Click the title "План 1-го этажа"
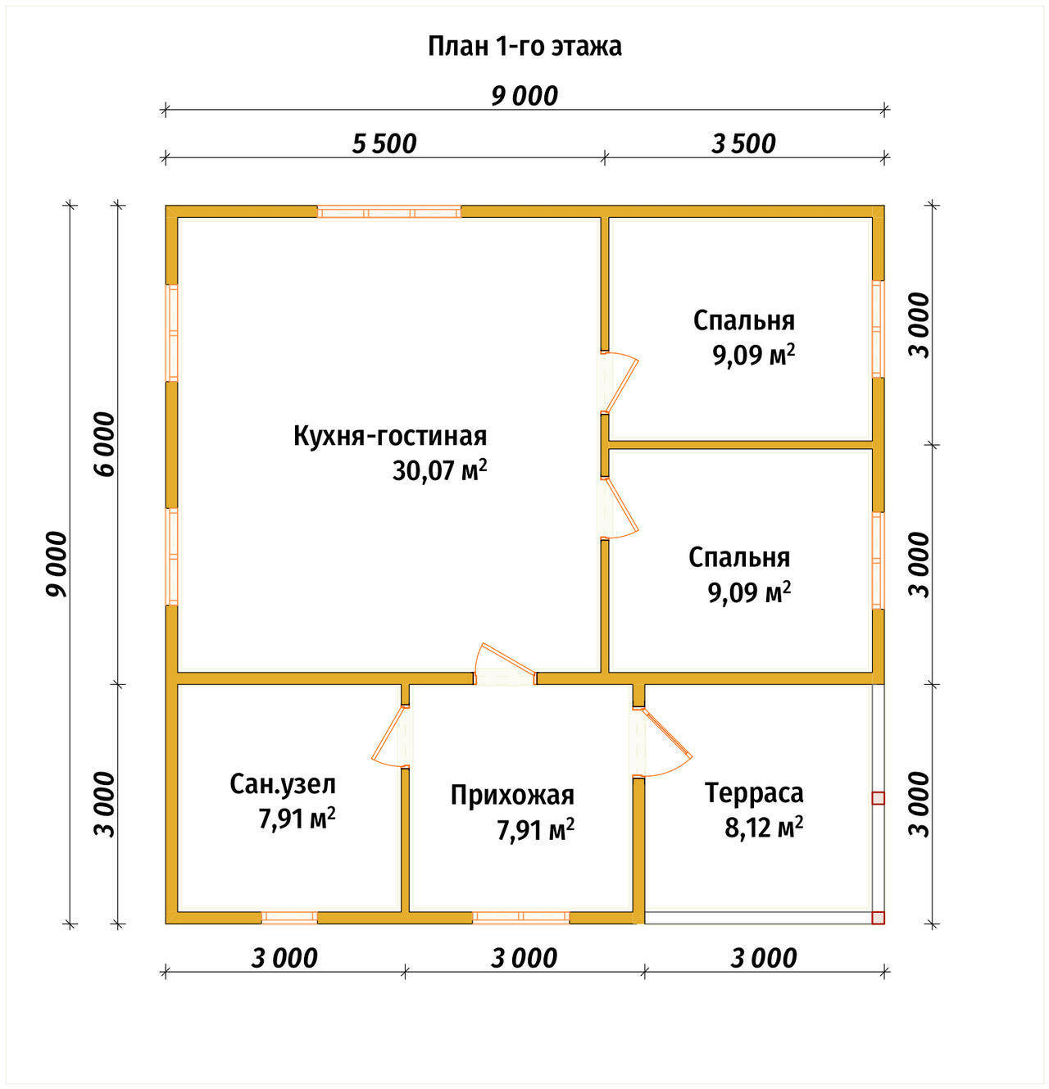[524, 47]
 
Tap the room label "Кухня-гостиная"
[390, 436]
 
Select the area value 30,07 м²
[439, 470]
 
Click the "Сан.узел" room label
[283, 784]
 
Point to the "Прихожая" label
[512, 795]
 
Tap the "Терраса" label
[754, 792]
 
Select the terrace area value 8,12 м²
[764, 828]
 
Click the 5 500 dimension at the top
[384, 144]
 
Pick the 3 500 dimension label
[743, 144]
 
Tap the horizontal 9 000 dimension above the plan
[524, 96]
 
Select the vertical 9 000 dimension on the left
[57, 564]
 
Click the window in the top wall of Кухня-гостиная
[389, 212]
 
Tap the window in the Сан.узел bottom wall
[289, 917]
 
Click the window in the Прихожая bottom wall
[520, 917]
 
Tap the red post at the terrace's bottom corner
[879, 918]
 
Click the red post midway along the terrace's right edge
[879, 799]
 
